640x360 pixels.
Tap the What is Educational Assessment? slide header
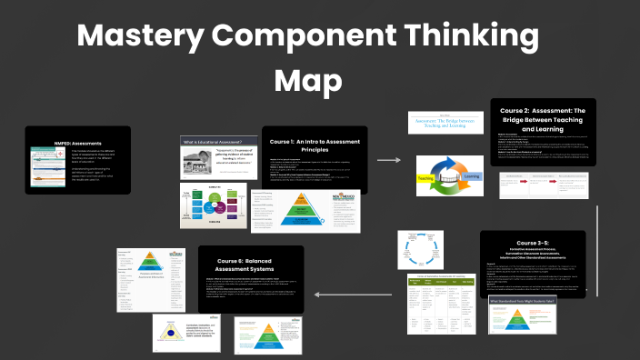213,142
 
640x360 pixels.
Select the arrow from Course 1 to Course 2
388,160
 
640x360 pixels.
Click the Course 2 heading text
542,116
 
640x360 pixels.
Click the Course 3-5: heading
545,243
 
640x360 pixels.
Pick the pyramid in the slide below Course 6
269,335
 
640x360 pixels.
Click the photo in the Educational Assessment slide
199,164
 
